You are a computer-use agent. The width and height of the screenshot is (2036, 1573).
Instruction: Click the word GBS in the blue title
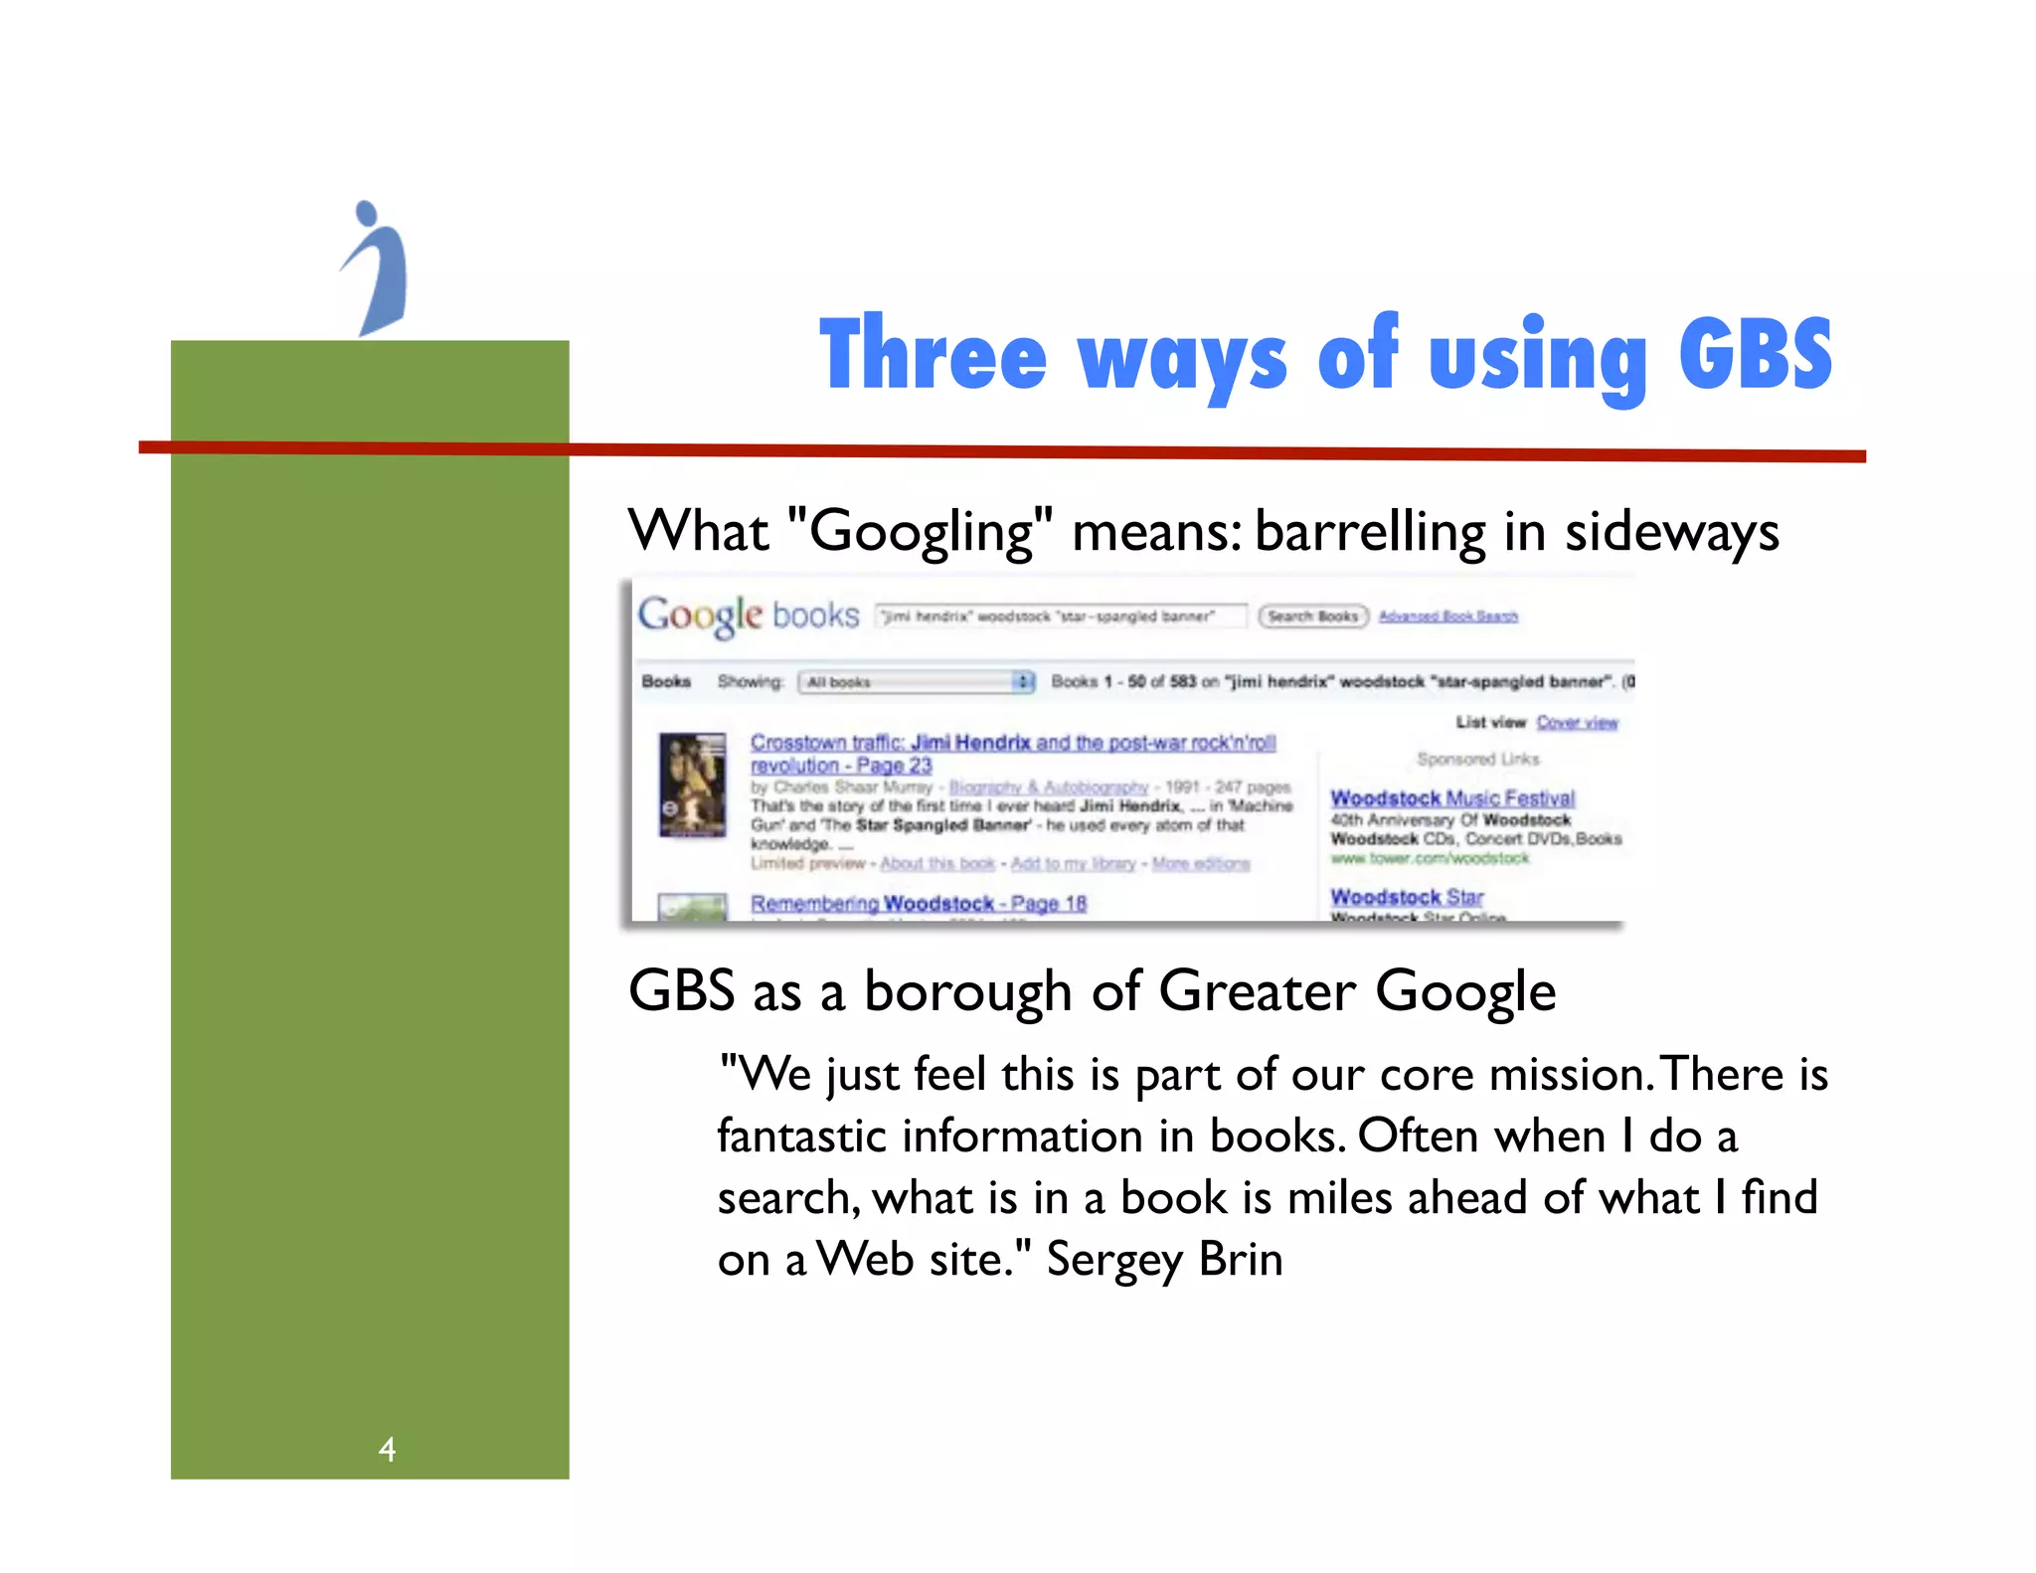(1755, 354)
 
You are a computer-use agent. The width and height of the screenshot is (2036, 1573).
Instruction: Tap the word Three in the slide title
(933, 354)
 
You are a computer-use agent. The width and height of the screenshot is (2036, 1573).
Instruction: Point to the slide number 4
(387, 1449)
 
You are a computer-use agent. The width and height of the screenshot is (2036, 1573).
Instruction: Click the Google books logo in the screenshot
(748, 615)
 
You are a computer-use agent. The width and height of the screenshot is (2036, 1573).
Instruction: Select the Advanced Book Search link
(1447, 616)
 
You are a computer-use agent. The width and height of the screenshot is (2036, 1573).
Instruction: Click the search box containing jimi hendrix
(1060, 616)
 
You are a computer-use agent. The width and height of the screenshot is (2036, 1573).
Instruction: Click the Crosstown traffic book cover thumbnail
(692, 786)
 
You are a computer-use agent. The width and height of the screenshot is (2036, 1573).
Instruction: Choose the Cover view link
(1577, 723)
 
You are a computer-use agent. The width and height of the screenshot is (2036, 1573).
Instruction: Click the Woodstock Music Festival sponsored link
(1452, 798)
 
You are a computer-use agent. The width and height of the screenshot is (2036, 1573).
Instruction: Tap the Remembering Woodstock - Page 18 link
(918, 904)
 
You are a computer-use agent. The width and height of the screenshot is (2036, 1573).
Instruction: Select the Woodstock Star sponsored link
(1407, 897)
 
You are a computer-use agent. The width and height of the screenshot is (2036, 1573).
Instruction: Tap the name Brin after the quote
(1241, 1259)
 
